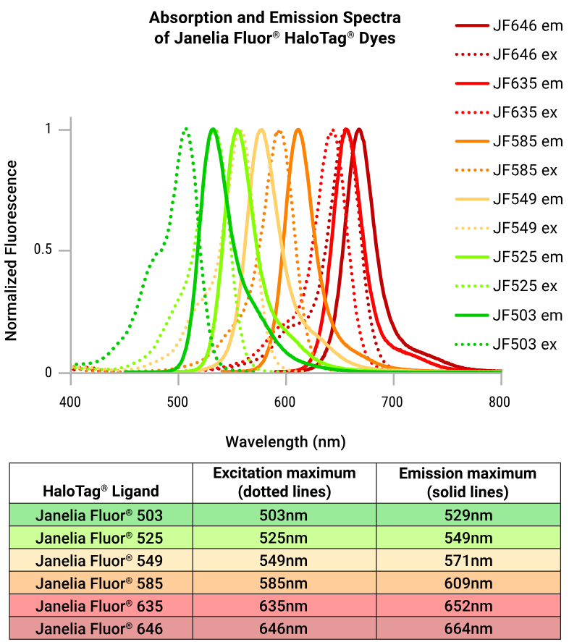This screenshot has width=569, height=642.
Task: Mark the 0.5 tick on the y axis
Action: click(43, 250)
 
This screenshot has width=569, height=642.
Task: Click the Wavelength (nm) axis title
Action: click(285, 441)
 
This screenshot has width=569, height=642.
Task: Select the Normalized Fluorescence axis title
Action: click(12, 250)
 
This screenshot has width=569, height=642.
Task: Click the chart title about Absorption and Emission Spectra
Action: click(274, 28)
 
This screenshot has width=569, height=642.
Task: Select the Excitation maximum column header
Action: click(284, 482)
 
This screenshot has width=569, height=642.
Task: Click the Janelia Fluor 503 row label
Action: click(101, 516)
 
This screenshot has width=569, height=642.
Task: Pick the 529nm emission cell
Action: click(468, 516)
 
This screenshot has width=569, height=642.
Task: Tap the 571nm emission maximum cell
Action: click(468, 560)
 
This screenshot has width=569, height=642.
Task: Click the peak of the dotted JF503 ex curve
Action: click(186, 130)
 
